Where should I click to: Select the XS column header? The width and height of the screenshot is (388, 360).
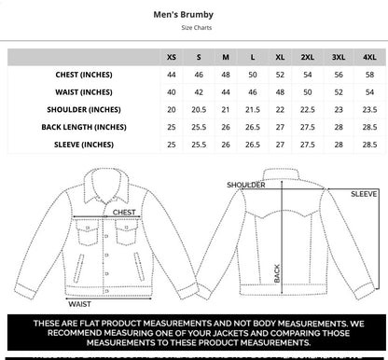(x=172, y=57)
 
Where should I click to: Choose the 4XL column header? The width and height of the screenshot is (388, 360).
(x=369, y=57)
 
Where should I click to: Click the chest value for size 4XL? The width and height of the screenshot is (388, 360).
(x=369, y=74)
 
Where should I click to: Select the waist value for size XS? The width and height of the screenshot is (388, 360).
(x=172, y=91)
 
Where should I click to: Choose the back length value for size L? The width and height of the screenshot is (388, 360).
(x=253, y=127)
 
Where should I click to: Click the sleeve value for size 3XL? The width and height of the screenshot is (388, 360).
(x=339, y=145)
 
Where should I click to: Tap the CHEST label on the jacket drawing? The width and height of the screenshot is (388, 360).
(x=124, y=213)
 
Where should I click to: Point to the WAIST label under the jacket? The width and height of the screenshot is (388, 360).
(x=79, y=303)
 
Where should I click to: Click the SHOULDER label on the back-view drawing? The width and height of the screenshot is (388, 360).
(x=246, y=185)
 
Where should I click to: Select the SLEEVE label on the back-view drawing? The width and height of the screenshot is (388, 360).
(x=364, y=194)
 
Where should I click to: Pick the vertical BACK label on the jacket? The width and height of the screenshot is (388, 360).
(x=276, y=271)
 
